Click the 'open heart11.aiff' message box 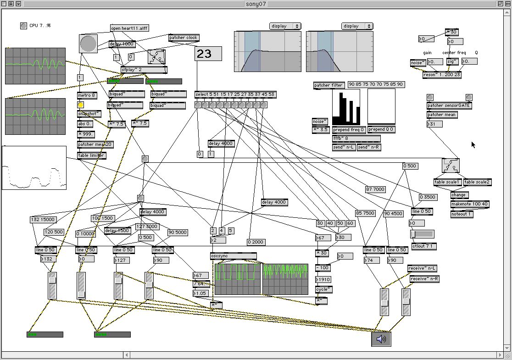(129, 28)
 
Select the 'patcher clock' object (184, 38)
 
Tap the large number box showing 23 (208, 54)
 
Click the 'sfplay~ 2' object (144, 70)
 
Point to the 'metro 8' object (87, 95)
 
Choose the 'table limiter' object (91, 156)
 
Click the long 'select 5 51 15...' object (235, 95)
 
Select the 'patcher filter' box (328, 85)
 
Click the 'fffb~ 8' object (356, 138)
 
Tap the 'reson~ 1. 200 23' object (442, 75)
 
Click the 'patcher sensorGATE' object (449, 105)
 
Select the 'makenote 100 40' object (469, 204)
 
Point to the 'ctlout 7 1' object (424, 246)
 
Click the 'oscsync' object (234, 256)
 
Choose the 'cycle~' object (324, 289)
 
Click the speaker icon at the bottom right (381, 339)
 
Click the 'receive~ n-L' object (422, 268)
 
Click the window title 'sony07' (256, 4)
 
